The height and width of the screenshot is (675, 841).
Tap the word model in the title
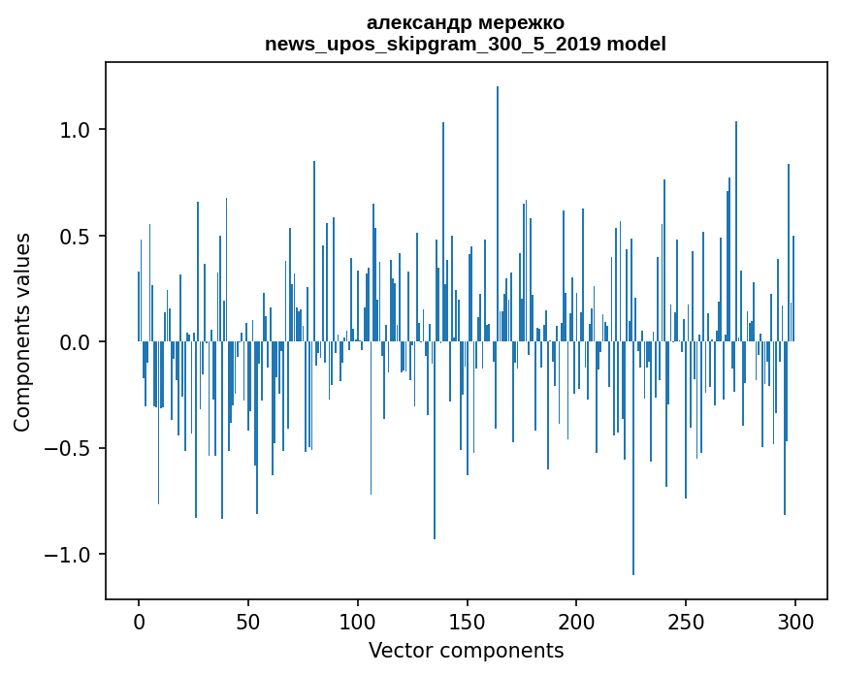(x=638, y=45)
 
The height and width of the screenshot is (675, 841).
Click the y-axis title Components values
(x=22, y=332)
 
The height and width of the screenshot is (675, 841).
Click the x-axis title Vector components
(x=466, y=651)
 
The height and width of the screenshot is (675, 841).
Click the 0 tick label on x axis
(x=139, y=621)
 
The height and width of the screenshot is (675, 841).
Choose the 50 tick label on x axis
(x=248, y=621)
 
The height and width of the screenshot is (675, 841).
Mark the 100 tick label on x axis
(x=358, y=621)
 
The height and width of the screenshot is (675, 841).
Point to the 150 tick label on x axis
(x=468, y=621)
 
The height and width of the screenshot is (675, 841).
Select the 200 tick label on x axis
(x=576, y=621)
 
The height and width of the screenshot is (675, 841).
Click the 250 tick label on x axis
(x=686, y=621)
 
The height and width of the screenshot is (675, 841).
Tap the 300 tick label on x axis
(x=795, y=621)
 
